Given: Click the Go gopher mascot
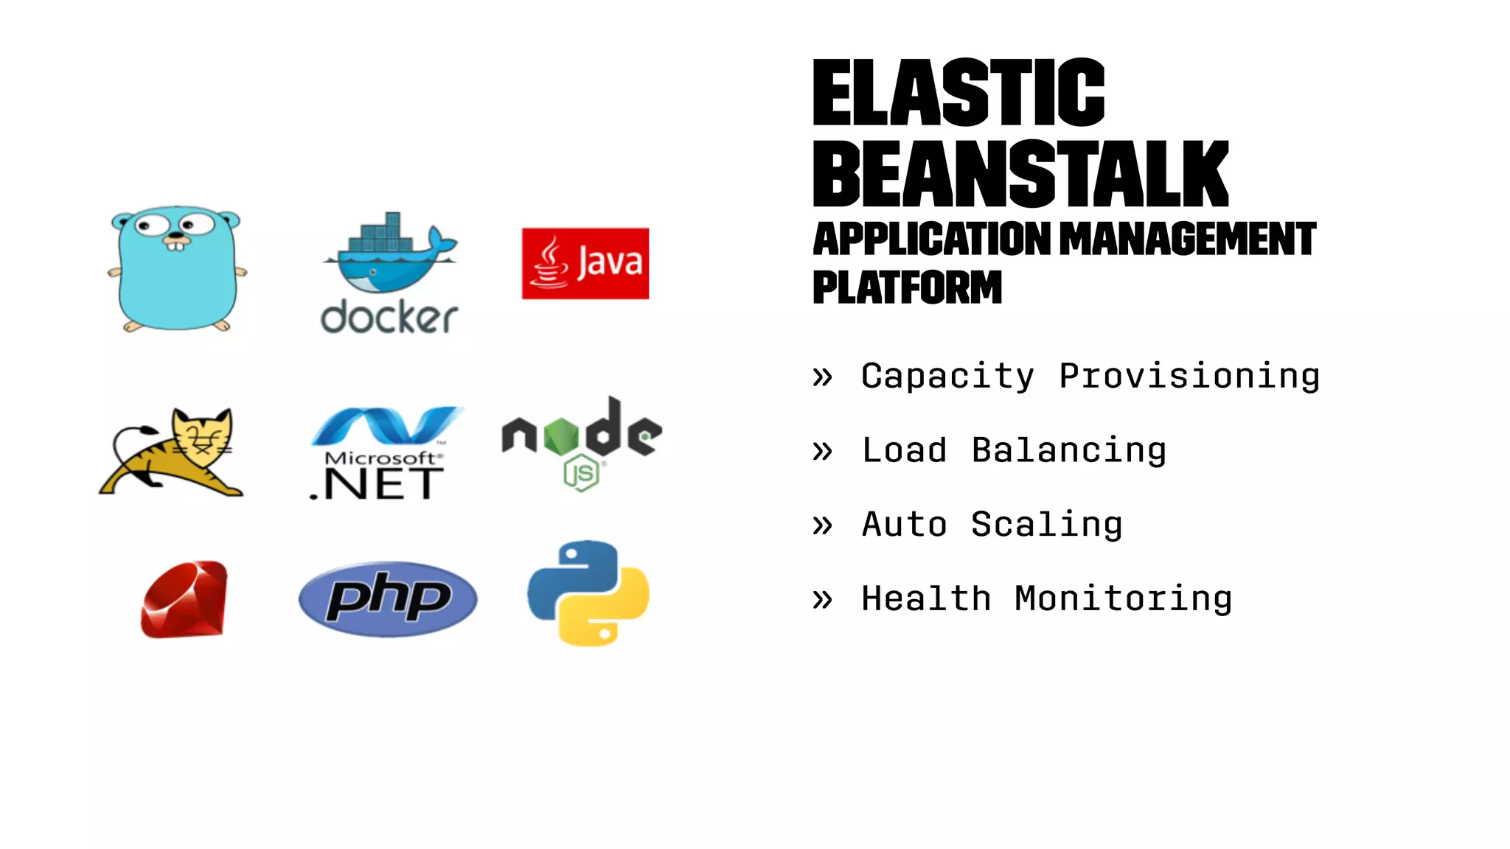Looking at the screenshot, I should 177,269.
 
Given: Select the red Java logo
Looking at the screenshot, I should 585,263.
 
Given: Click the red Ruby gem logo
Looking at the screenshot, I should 184,599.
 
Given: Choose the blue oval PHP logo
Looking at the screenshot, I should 388,599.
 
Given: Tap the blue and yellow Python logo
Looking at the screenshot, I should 588,593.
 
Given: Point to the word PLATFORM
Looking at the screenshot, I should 908,287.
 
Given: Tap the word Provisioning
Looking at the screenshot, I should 1189,377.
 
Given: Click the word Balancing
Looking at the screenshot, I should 1069,451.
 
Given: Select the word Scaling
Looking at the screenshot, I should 1047,525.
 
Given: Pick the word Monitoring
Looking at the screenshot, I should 1123,598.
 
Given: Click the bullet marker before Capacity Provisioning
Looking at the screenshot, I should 822,377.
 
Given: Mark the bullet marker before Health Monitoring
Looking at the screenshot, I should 822,599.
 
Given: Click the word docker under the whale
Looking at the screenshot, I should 389,317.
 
